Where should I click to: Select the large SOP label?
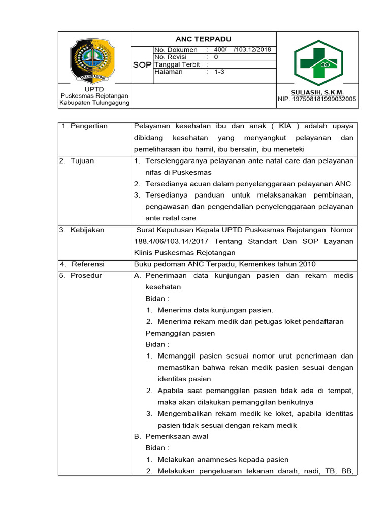pyautogui.click(x=143, y=65)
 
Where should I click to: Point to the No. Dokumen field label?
pyautogui.click(x=176, y=50)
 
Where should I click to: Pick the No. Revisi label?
pyautogui.click(x=171, y=57)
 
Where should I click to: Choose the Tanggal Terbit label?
pyautogui.click(x=177, y=65)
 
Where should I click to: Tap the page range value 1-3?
pyautogui.click(x=219, y=72)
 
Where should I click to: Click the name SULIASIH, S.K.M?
pyautogui.click(x=317, y=92)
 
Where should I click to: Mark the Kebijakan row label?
pyautogui.click(x=85, y=230)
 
